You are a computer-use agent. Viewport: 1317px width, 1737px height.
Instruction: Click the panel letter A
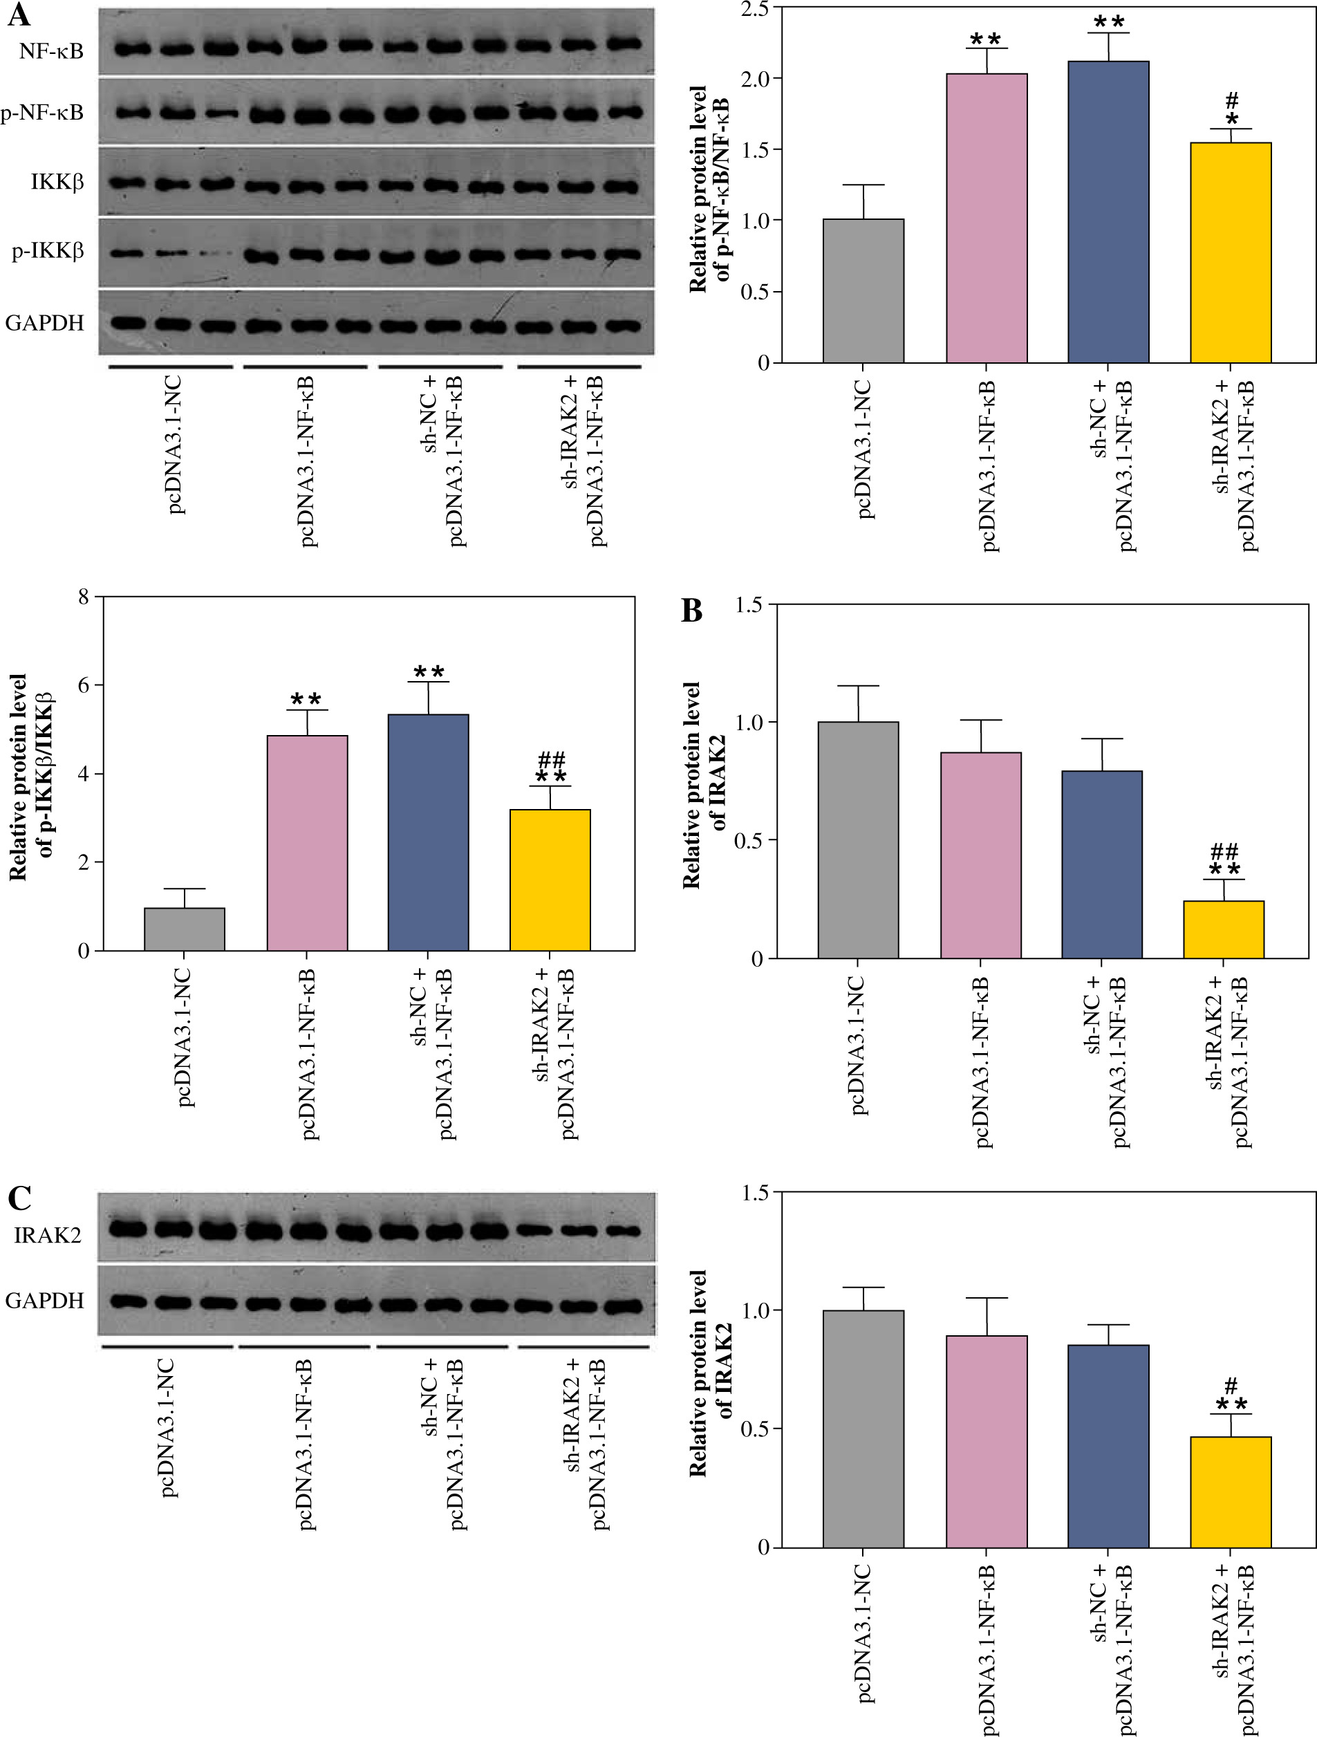(x=18, y=15)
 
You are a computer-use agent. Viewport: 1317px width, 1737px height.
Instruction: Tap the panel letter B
(x=691, y=610)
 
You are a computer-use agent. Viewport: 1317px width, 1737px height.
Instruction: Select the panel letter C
(x=19, y=1198)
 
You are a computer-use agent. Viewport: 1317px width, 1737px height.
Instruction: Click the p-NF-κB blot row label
(x=42, y=113)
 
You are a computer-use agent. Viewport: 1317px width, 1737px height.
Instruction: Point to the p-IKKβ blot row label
(x=47, y=251)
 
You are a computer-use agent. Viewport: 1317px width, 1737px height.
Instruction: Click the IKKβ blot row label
(x=57, y=182)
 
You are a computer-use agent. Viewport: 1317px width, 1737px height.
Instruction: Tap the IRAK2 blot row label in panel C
(x=47, y=1235)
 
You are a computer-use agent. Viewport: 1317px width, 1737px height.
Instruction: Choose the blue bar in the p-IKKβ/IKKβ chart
(x=428, y=833)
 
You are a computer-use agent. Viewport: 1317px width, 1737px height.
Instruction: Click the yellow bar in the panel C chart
(x=1230, y=1492)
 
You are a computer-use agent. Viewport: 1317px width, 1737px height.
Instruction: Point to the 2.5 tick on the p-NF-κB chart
(x=755, y=8)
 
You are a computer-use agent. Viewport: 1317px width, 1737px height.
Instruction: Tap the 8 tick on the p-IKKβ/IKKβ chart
(x=83, y=597)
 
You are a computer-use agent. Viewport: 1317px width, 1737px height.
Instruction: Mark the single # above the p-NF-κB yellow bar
(x=1232, y=100)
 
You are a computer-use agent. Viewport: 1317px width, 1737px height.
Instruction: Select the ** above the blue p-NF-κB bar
(x=1109, y=22)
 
